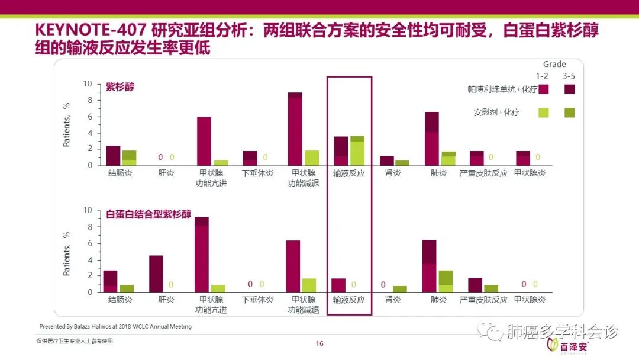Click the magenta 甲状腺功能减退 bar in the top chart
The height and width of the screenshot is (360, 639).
pyautogui.click(x=295, y=129)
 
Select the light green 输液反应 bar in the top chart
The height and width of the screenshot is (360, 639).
pyautogui.click(x=357, y=151)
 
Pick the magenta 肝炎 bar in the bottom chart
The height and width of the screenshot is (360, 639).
pyautogui.click(x=156, y=274)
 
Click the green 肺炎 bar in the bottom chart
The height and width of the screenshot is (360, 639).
pyautogui.click(x=445, y=281)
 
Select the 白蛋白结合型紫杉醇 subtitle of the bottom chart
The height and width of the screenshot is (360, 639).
pyautogui.click(x=149, y=214)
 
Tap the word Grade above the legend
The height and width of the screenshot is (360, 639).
pyautogui.click(x=554, y=64)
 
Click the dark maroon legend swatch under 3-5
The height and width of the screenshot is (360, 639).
pyautogui.click(x=569, y=89)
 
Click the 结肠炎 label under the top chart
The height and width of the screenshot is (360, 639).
pyautogui.click(x=120, y=173)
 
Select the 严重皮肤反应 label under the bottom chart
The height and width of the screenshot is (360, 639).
pyautogui.click(x=483, y=300)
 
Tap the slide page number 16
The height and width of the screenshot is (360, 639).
pyautogui.click(x=319, y=344)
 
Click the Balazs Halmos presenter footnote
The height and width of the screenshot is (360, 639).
pyautogui.click(x=115, y=326)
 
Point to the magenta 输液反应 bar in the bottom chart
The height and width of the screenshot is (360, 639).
pyautogui.click(x=338, y=285)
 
